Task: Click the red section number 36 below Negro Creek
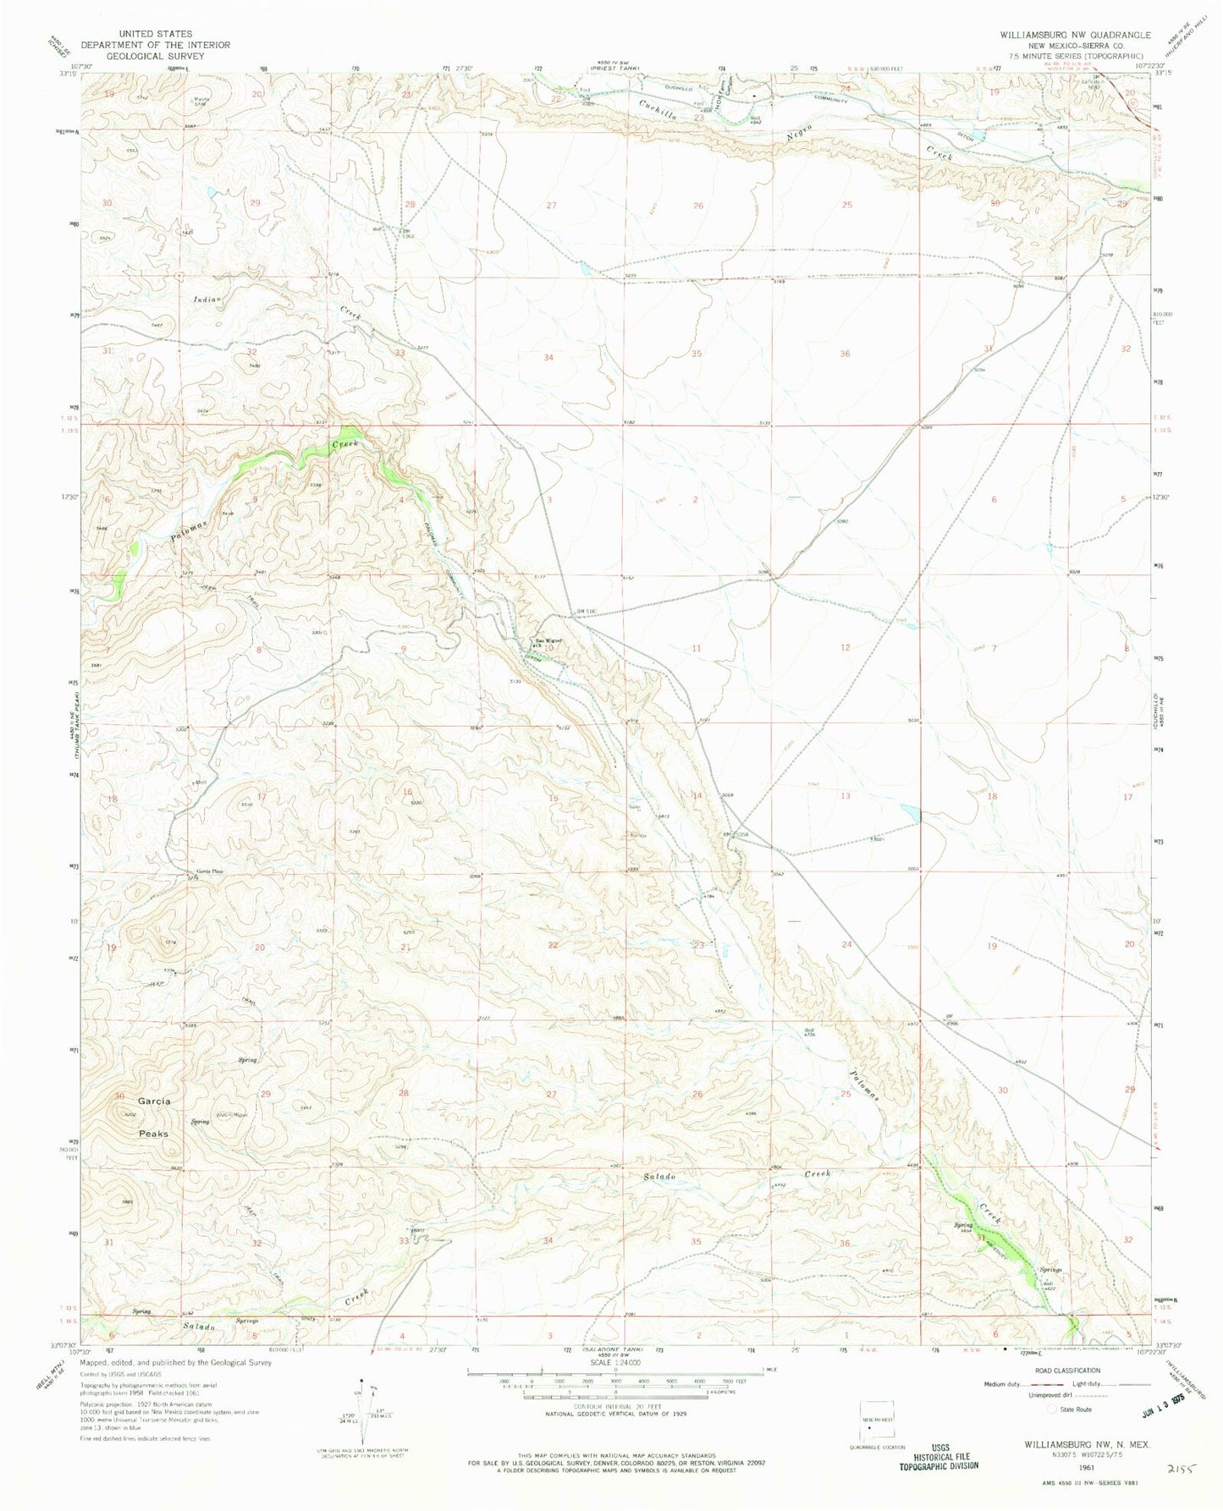[x=844, y=354]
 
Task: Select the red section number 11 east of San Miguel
[x=697, y=648]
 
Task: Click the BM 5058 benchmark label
[x=735, y=832]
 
